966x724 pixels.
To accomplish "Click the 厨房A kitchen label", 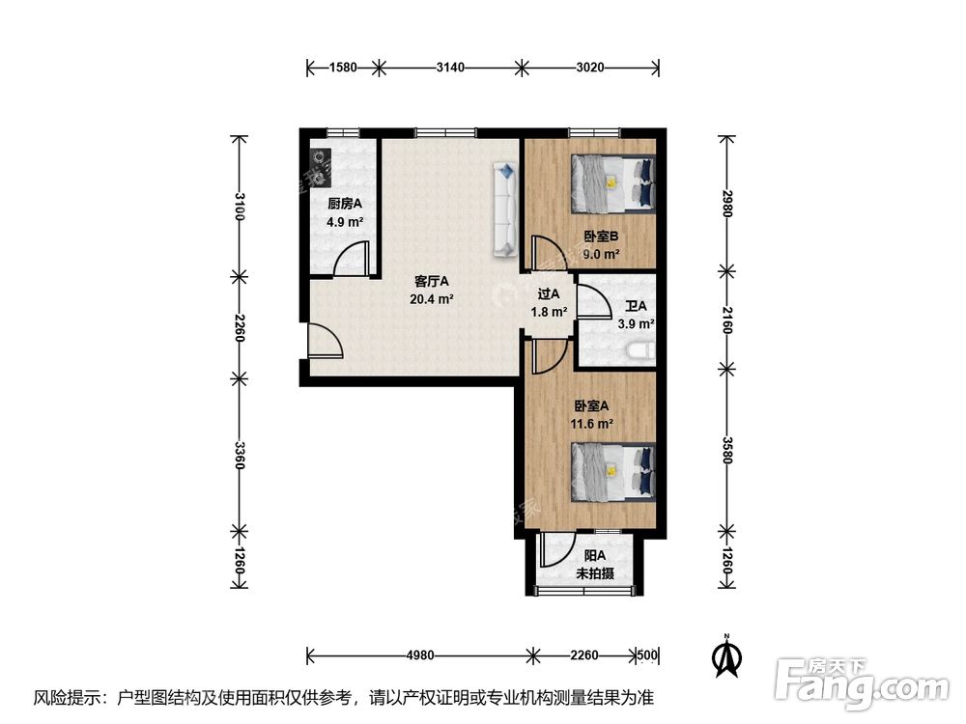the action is point(345,204).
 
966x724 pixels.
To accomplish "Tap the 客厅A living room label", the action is point(431,281).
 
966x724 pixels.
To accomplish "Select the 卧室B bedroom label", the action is point(601,236).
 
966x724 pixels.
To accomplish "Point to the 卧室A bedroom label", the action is point(591,405).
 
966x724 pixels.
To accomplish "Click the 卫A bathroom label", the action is point(636,305).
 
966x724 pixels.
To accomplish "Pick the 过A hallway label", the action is point(549,294).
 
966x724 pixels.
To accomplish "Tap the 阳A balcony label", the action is point(594,555).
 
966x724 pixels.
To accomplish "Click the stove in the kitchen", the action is point(320,167).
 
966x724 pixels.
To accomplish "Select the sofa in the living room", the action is point(504,209).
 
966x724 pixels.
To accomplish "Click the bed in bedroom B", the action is point(613,183).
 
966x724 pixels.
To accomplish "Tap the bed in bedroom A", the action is point(613,472).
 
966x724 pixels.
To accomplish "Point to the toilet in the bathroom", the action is point(640,351).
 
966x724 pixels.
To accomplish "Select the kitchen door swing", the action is point(352,259).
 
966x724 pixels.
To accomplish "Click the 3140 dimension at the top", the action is point(450,68).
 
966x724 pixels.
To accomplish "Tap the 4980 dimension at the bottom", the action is point(420,655).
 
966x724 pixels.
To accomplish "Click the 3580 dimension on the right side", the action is point(727,451).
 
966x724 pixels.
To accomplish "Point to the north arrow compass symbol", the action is point(727,655).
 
